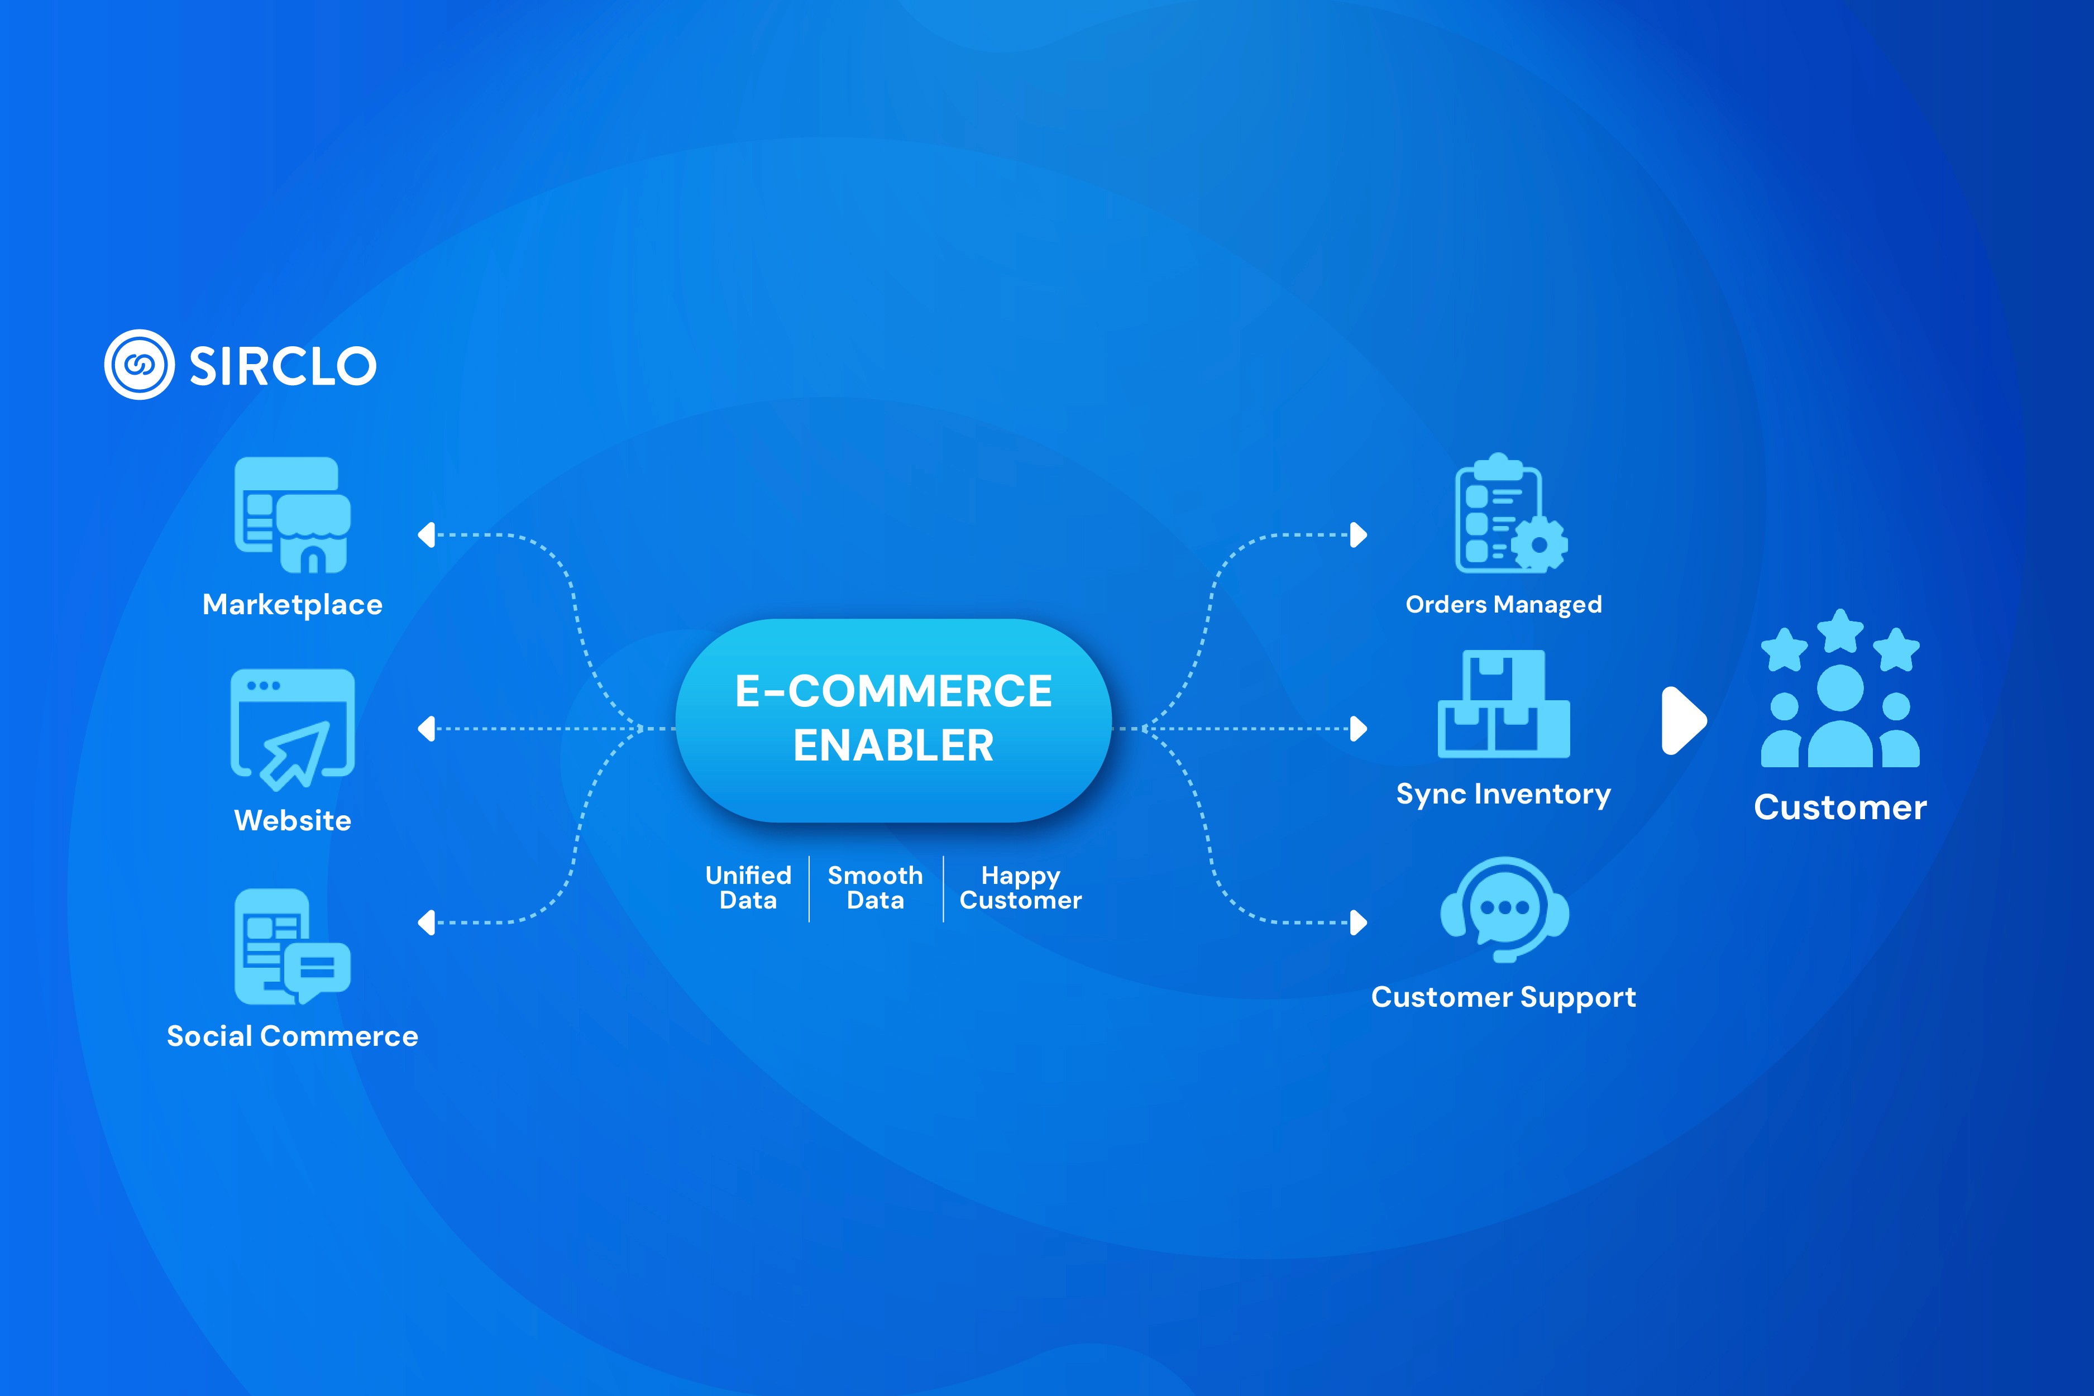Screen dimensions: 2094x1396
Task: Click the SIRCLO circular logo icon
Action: click(x=139, y=365)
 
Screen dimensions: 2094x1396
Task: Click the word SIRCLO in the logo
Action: click(x=283, y=366)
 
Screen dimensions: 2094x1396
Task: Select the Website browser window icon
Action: click(x=292, y=728)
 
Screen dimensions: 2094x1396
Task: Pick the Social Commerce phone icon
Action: click(x=292, y=946)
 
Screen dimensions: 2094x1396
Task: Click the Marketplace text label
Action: click(x=292, y=605)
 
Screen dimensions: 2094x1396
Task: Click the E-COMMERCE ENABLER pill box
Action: click(x=893, y=719)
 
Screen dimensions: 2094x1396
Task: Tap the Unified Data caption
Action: click(x=748, y=888)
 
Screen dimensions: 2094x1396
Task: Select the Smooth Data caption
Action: click(x=875, y=888)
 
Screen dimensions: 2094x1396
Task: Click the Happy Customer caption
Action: click(x=1020, y=888)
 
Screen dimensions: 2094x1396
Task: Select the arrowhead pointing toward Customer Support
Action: click(x=1359, y=922)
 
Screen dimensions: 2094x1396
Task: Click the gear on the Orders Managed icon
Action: click(x=1538, y=544)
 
